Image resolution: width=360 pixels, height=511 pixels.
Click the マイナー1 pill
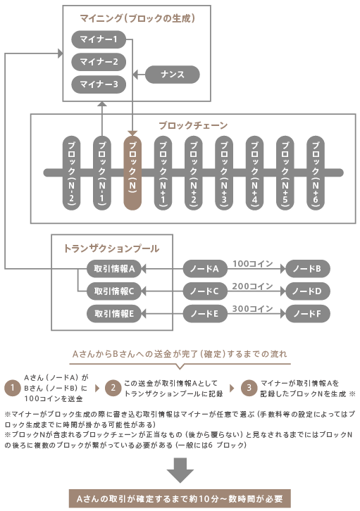click(99, 39)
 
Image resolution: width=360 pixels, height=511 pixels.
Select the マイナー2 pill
click(99, 62)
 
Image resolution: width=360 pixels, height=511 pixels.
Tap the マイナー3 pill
click(99, 84)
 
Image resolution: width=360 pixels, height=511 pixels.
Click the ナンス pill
click(172, 75)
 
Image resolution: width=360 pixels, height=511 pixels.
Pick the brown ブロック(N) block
click(132, 172)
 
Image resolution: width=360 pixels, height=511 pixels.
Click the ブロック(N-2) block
click(71, 172)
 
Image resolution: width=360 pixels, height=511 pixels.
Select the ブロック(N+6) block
click(316, 172)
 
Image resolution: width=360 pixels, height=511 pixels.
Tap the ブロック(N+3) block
click(224, 172)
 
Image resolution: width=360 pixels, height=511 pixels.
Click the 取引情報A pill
click(114, 269)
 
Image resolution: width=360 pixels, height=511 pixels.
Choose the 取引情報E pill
click(114, 313)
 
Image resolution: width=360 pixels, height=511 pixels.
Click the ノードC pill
click(205, 291)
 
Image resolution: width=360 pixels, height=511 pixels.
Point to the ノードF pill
click(307, 313)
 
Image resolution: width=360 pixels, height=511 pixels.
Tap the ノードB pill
click(307, 269)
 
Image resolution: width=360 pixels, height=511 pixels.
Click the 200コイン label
click(252, 286)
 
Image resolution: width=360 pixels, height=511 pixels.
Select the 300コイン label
click(252, 308)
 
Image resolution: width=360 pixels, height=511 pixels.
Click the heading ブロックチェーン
click(193, 125)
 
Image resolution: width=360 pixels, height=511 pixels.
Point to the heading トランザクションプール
click(111, 248)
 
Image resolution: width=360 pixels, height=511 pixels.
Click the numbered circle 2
click(113, 388)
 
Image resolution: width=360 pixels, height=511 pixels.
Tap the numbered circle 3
click(249, 388)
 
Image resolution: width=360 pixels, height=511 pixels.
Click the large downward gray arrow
click(180, 470)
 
